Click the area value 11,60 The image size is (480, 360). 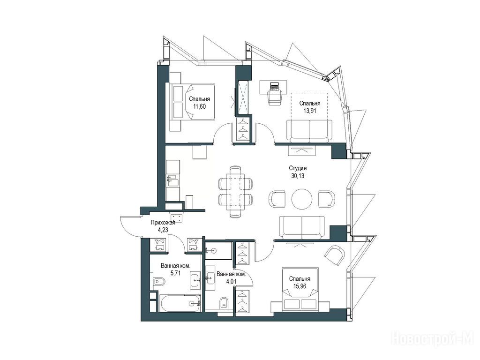click(199, 106)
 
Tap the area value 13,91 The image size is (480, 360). click(309, 111)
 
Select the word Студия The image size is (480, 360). click(298, 168)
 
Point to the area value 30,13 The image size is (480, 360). click(298, 176)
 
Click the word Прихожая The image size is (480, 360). click(163, 223)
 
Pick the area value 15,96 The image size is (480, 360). click(300, 286)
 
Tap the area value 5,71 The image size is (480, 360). click(175, 273)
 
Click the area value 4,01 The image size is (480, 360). click(231, 281)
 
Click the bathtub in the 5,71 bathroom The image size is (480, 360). click(180, 303)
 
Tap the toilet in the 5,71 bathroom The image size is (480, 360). click(159, 281)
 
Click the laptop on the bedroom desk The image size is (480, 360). click(274, 86)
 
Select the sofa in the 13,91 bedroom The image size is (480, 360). click(309, 131)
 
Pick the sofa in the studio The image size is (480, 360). click(302, 227)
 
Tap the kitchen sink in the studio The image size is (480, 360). click(172, 180)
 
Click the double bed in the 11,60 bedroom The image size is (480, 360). click(192, 102)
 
